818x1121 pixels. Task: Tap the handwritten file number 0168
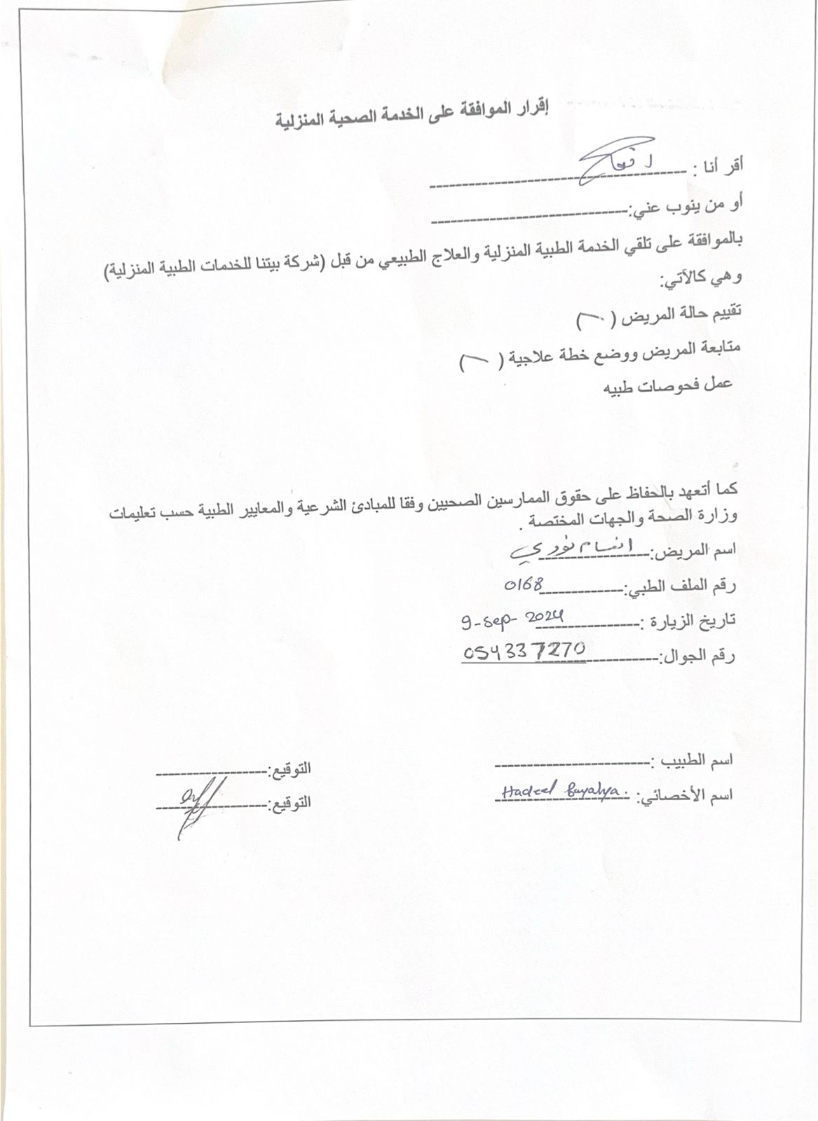tap(524, 586)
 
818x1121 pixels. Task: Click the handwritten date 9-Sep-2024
tap(512, 620)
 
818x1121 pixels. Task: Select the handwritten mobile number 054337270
tap(524, 652)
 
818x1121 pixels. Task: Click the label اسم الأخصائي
tap(684, 796)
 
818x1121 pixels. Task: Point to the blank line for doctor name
tap(571, 762)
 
